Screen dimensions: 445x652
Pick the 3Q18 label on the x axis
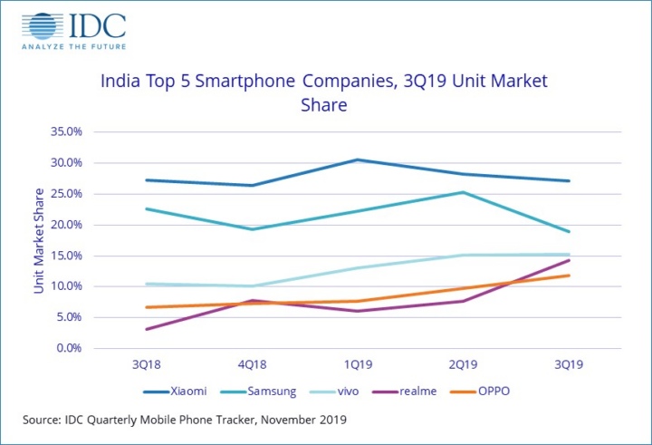pos(147,364)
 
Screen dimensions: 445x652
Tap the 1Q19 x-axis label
pos(358,364)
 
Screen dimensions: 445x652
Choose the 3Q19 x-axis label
pos(569,364)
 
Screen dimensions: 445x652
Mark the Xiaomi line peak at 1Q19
pos(358,160)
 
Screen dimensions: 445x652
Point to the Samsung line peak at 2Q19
pos(464,192)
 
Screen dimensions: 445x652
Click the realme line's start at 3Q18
pos(147,329)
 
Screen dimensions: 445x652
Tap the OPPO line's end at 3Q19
pos(569,276)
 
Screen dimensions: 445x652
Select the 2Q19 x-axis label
pos(464,364)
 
